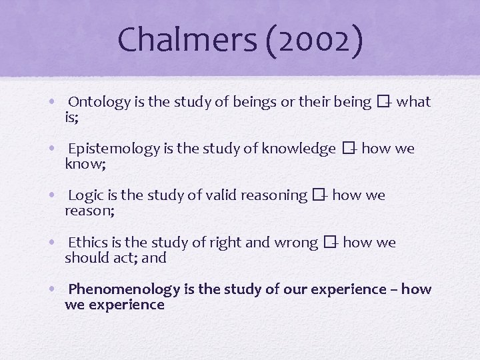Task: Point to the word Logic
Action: pos(85,195)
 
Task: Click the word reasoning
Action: pos(274,195)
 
